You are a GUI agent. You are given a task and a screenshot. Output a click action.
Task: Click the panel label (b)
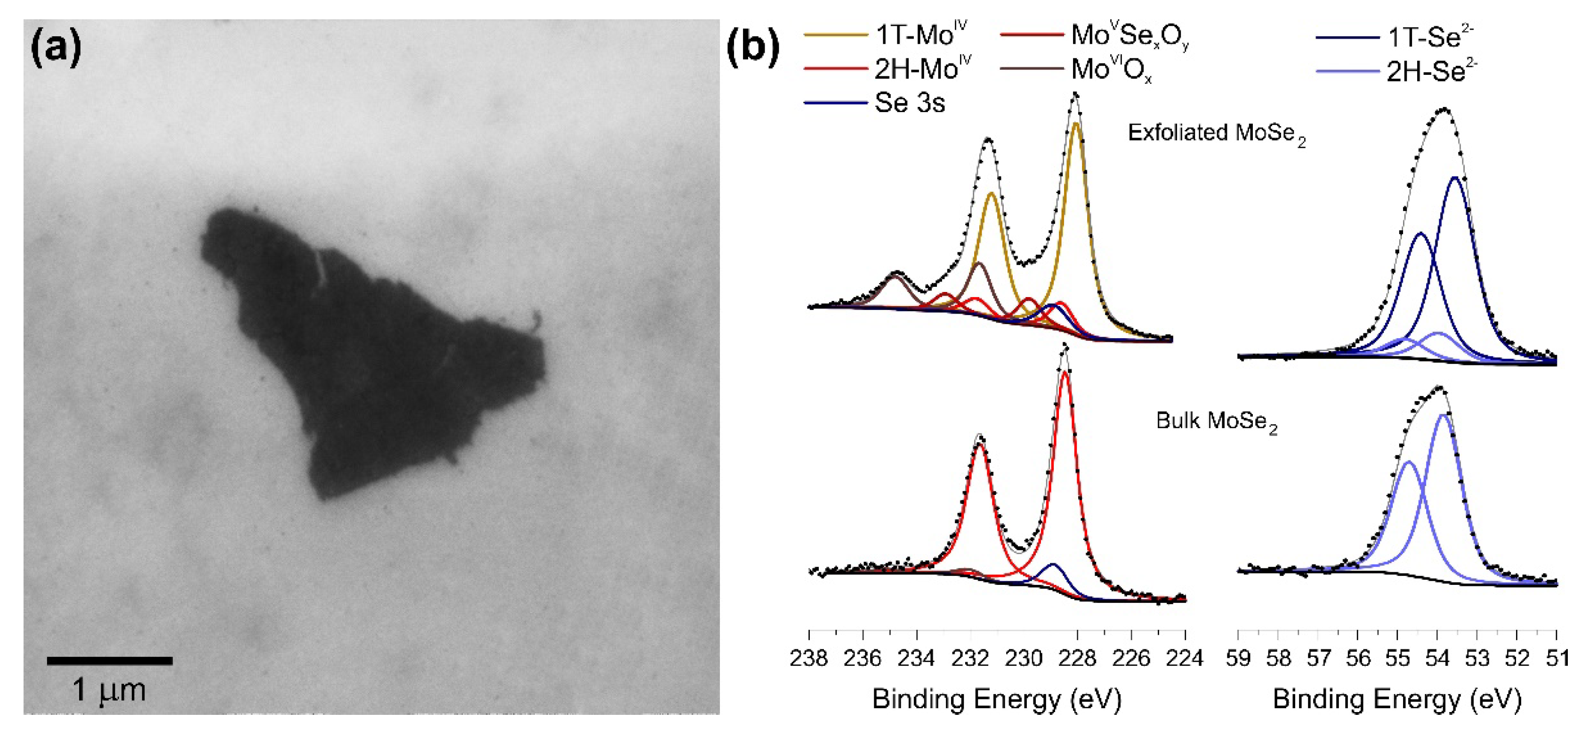[752, 48]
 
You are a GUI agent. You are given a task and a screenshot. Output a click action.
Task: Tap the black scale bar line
[110, 661]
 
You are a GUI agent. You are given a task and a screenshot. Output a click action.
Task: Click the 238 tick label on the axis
[809, 658]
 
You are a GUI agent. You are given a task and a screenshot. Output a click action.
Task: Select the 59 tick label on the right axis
[1238, 658]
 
